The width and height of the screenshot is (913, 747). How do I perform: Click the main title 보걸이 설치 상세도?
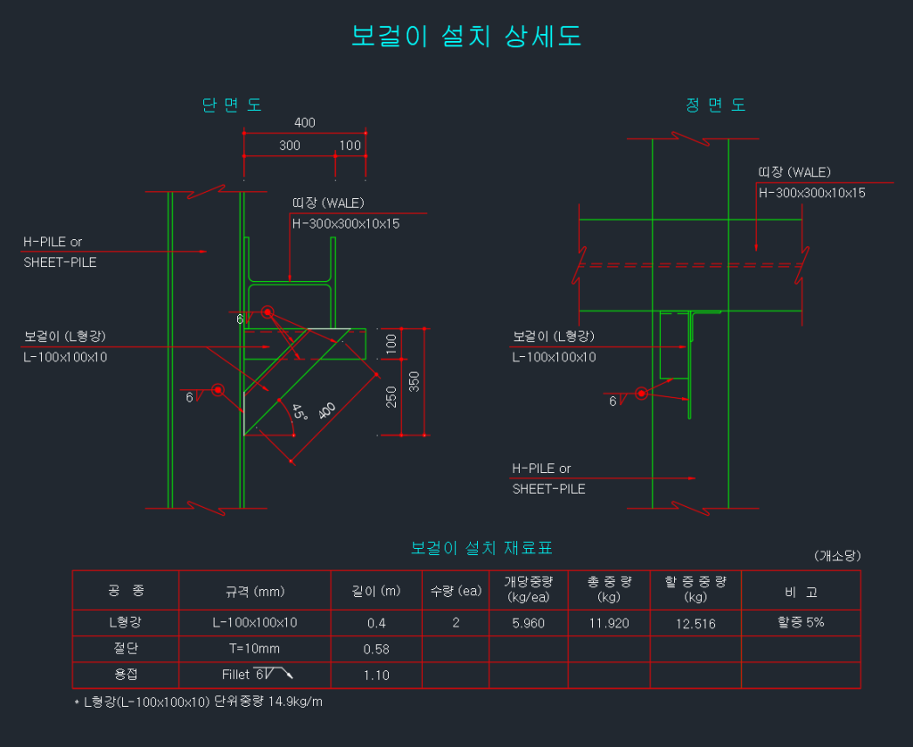pos(467,37)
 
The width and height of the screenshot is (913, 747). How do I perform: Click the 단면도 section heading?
pos(232,105)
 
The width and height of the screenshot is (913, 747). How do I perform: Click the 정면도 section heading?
pos(716,105)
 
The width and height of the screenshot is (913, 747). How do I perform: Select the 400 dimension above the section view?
pos(305,123)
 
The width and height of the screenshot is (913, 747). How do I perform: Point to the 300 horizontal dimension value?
pos(290,145)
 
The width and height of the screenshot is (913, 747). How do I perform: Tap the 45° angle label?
pos(300,412)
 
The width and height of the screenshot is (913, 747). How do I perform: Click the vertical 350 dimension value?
pos(414,381)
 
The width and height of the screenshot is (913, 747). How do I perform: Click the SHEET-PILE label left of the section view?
pos(60,262)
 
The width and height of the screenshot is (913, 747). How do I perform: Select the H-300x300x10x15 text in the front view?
pos(811,192)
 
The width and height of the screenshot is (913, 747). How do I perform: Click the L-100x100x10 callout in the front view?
pos(554,357)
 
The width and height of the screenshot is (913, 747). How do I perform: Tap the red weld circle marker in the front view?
pos(641,393)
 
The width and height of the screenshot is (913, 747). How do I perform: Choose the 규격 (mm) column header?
pos(254,592)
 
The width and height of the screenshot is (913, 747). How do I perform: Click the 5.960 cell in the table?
pos(528,623)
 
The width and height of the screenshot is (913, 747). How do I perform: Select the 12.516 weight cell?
pos(695,624)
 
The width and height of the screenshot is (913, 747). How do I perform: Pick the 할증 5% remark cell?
pos(801,622)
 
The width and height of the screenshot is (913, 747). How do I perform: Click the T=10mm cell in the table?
pos(254,649)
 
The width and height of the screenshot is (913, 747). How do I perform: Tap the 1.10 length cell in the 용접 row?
pos(376,676)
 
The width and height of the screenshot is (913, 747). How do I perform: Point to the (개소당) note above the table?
pos(836,555)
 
